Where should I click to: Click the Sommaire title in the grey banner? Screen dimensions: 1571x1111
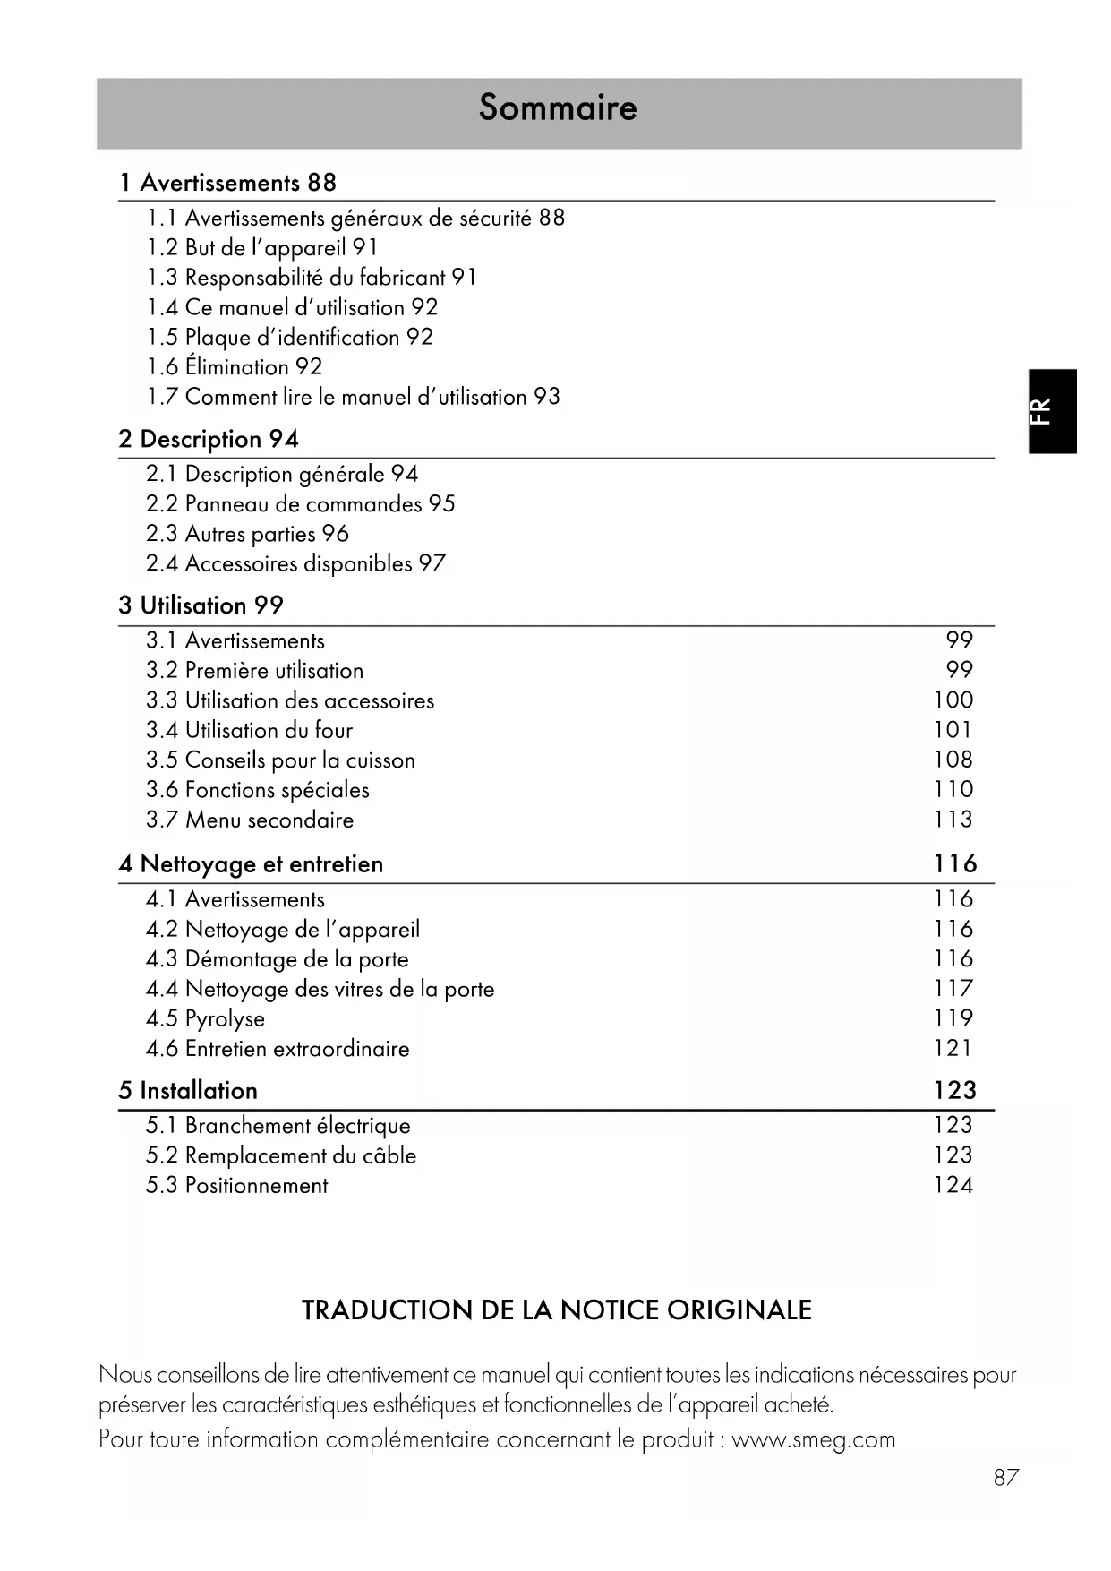558,107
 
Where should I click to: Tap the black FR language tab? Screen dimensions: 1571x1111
1052,411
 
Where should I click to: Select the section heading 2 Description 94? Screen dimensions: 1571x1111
209,439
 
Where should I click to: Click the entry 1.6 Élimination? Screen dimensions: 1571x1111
235,367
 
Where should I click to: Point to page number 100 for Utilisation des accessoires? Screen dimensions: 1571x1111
953,700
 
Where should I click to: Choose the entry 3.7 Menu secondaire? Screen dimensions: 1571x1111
250,820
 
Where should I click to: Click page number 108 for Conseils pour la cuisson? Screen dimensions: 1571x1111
953,760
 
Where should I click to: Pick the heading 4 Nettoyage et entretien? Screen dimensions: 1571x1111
251,864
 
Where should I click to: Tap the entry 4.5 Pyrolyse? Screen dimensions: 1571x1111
205,1018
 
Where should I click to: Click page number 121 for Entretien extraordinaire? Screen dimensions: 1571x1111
953,1048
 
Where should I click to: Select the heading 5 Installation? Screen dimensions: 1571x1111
188,1090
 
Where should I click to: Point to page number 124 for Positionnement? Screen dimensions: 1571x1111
953,1185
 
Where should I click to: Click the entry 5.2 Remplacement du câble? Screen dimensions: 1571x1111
281,1155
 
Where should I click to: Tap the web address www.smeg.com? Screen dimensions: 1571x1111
813,1439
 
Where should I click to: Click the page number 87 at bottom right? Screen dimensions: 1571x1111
1006,1478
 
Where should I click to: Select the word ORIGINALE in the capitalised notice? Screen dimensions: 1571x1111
739,1310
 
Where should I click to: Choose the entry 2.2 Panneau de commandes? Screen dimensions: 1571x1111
301,504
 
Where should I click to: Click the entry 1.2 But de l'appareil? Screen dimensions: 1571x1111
262,248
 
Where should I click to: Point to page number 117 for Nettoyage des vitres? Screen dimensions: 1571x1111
953,989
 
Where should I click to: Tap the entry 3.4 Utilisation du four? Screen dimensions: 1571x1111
250,730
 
